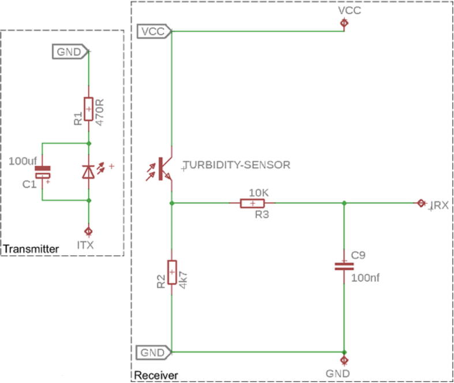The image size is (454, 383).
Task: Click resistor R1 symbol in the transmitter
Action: [x=88, y=109]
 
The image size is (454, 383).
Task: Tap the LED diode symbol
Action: [x=88, y=171]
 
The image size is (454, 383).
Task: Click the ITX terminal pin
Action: [x=88, y=232]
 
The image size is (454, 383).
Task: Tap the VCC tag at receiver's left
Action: [x=154, y=32]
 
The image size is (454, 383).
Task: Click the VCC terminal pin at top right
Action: [x=344, y=23]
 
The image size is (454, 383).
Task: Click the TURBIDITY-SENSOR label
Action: [x=236, y=165]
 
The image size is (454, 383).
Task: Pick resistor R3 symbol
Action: [x=252, y=203]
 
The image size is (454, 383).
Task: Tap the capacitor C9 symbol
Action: [x=344, y=266]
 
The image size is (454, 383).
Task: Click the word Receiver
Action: [x=155, y=376]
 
